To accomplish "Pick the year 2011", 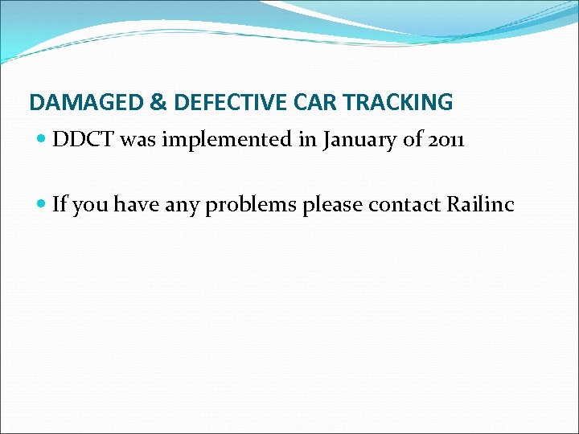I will tap(446, 140).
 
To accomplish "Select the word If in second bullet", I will tap(60, 205).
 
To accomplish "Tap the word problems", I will tap(251, 206).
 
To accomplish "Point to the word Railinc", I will tap(479, 205).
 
